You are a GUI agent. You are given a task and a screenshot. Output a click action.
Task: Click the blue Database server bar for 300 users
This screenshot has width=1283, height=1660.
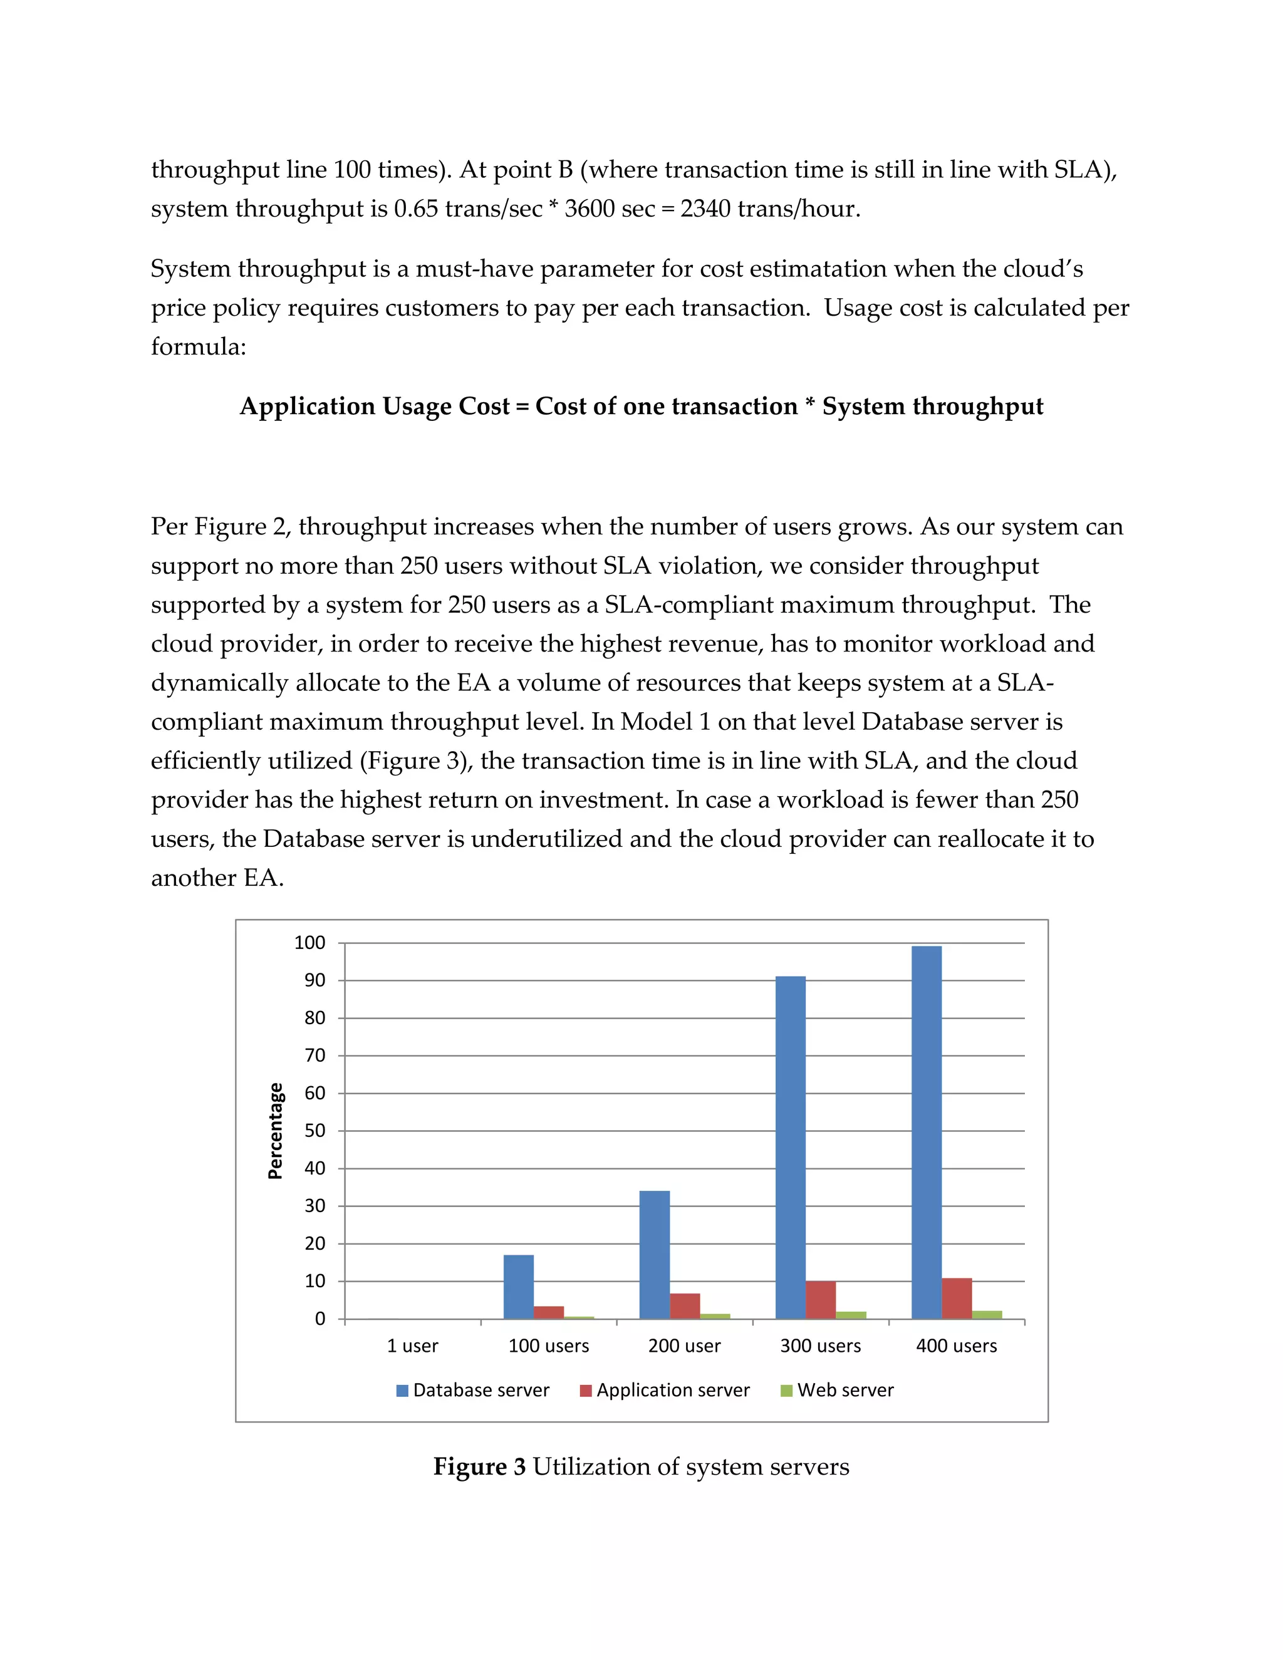[x=791, y=1148]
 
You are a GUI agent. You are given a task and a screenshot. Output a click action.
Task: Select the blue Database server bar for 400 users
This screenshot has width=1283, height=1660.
[x=927, y=1133]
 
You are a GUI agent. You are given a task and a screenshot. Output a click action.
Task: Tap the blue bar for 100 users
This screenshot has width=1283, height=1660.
[x=518, y=1287]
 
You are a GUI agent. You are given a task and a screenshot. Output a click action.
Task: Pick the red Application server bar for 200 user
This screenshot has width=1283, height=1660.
[x=685, y=1306]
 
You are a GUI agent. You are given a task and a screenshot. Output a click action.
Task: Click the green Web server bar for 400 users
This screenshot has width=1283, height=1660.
[x=987, y=1315]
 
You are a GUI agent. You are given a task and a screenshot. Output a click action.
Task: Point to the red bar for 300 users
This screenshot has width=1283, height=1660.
[x=821, y=1300]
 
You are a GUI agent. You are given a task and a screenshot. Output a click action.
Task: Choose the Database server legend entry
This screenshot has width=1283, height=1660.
[x=473, y=1390]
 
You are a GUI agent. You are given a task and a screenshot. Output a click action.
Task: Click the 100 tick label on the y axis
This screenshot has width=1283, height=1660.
[x=309, y=943]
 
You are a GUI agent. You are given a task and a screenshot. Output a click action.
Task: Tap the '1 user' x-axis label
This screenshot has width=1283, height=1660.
[x=412, y=1346]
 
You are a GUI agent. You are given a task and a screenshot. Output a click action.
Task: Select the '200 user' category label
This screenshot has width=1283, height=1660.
[x=684, y=1346]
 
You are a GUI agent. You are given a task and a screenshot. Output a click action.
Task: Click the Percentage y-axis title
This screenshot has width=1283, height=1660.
[x=275, y=1131]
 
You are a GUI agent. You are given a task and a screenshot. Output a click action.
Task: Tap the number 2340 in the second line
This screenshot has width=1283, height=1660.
[x=705, y=208]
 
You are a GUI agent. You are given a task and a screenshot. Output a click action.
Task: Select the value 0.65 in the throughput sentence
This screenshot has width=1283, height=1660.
[x=416, y=208]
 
